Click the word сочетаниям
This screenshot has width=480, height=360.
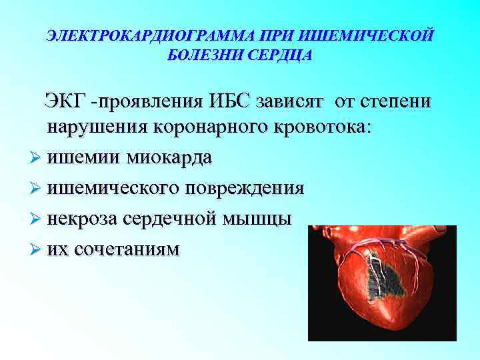[127, 249]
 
